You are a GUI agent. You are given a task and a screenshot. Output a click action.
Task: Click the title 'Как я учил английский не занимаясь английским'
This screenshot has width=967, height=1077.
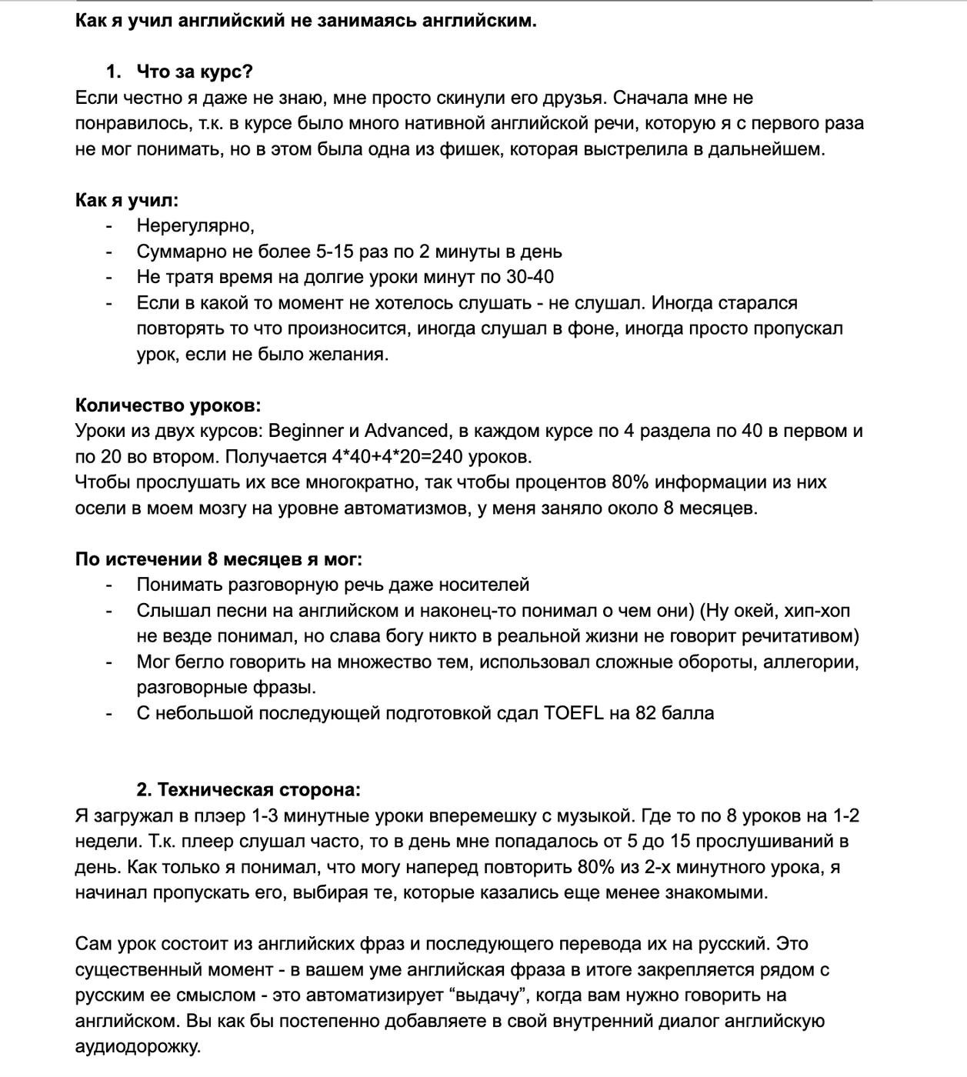305,21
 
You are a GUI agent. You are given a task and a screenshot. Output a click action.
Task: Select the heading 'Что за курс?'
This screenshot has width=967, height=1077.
195,72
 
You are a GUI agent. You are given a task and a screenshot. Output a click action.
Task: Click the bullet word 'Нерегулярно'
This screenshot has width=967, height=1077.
194,226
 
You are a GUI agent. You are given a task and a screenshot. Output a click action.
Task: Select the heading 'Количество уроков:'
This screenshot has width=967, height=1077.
168,405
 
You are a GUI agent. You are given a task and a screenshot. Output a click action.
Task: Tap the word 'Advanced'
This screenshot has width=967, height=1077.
406,431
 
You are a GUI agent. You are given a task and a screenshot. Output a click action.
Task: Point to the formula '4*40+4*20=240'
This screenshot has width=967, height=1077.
397,457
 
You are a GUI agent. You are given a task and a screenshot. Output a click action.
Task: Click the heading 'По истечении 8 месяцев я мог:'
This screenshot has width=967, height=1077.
218,559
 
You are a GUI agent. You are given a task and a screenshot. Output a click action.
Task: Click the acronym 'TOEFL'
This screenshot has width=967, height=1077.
574,713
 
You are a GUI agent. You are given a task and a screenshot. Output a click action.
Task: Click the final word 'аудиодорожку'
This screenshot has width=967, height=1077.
137,1047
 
